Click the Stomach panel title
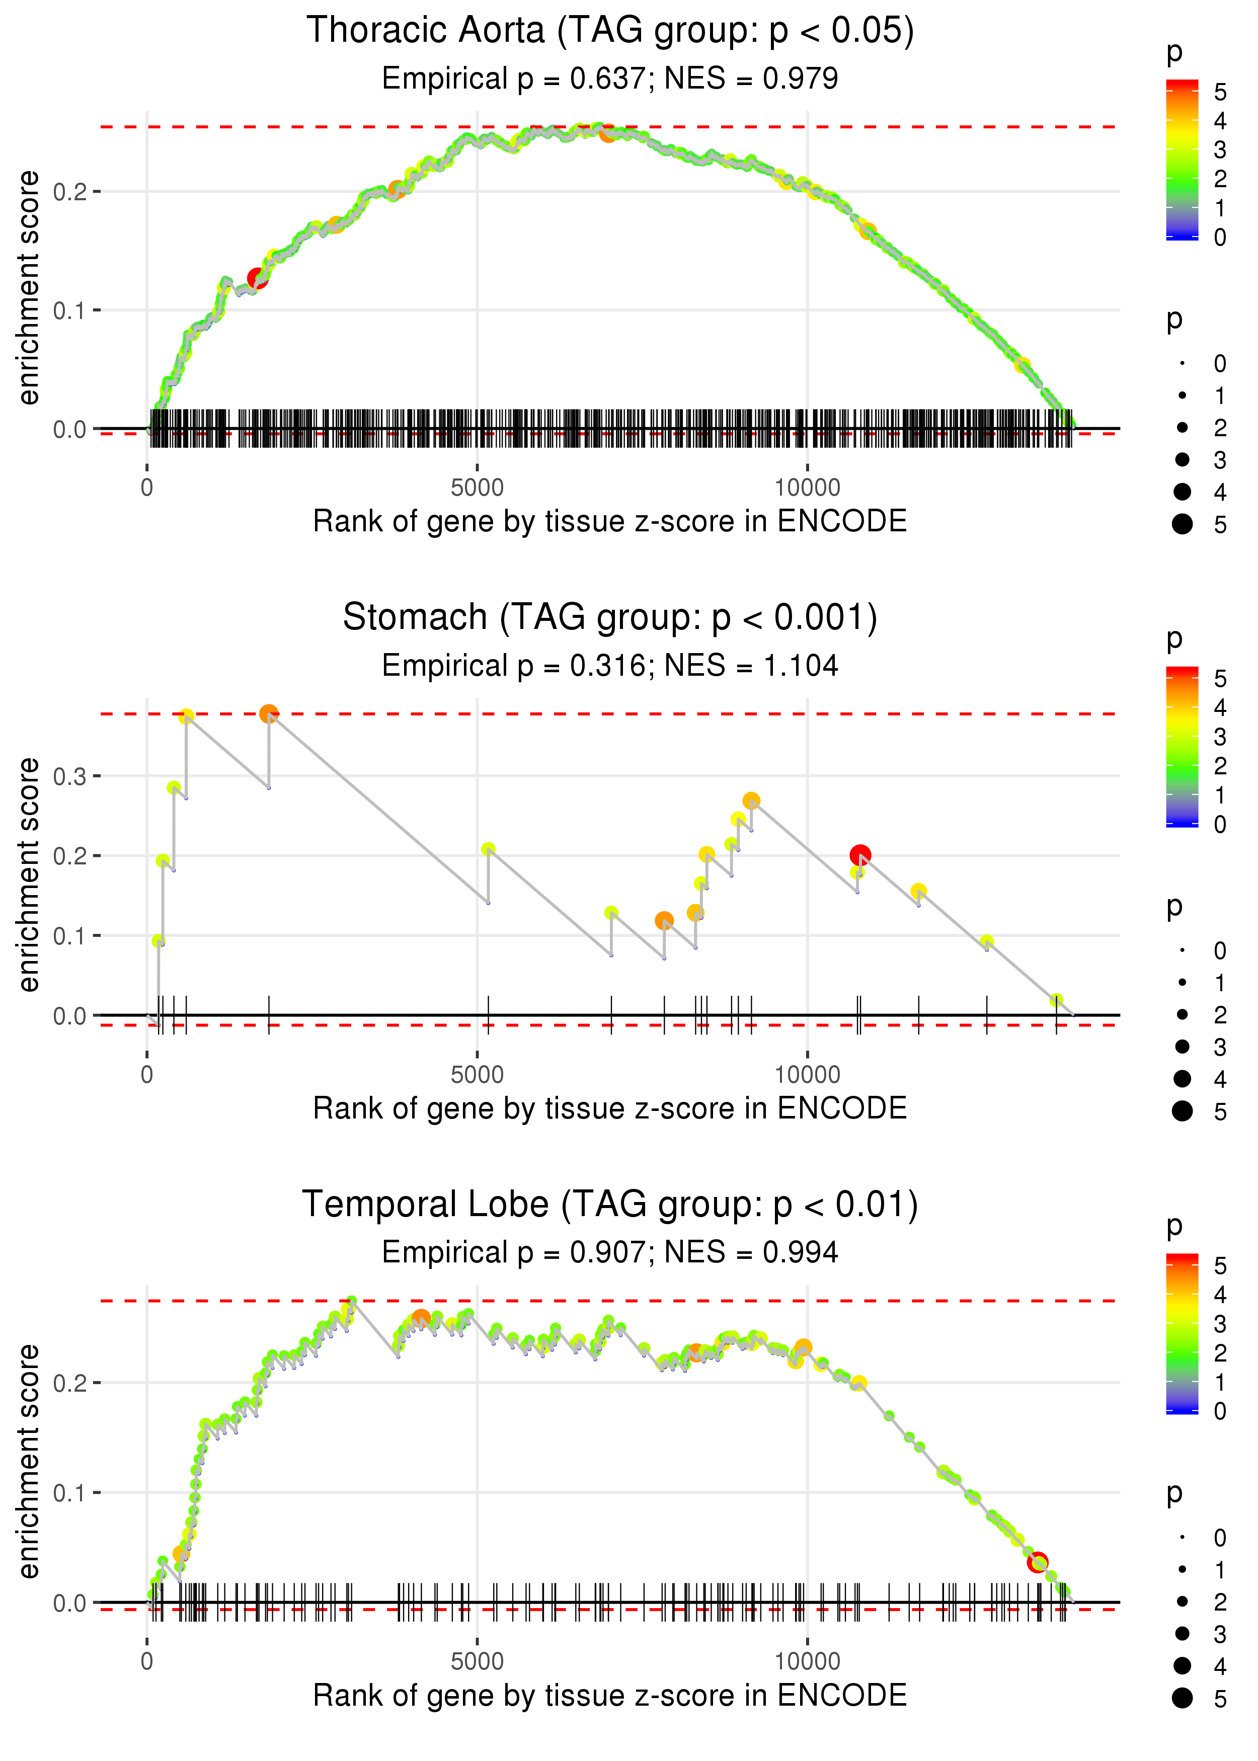point(610,617)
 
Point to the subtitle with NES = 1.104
point(610,665)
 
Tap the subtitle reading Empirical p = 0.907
point(610,1252)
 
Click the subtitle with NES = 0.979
point(610,78)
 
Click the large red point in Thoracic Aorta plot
point(257,278)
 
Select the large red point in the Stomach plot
point(860,855)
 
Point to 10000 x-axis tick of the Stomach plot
point(807,1075)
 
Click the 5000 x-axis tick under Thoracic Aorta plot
point(477,488)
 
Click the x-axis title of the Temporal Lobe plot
point(610,1695)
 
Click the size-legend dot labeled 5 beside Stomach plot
point(1182,1110)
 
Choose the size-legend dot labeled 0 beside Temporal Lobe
point(1182,1537)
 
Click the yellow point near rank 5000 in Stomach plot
point(488,849)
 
